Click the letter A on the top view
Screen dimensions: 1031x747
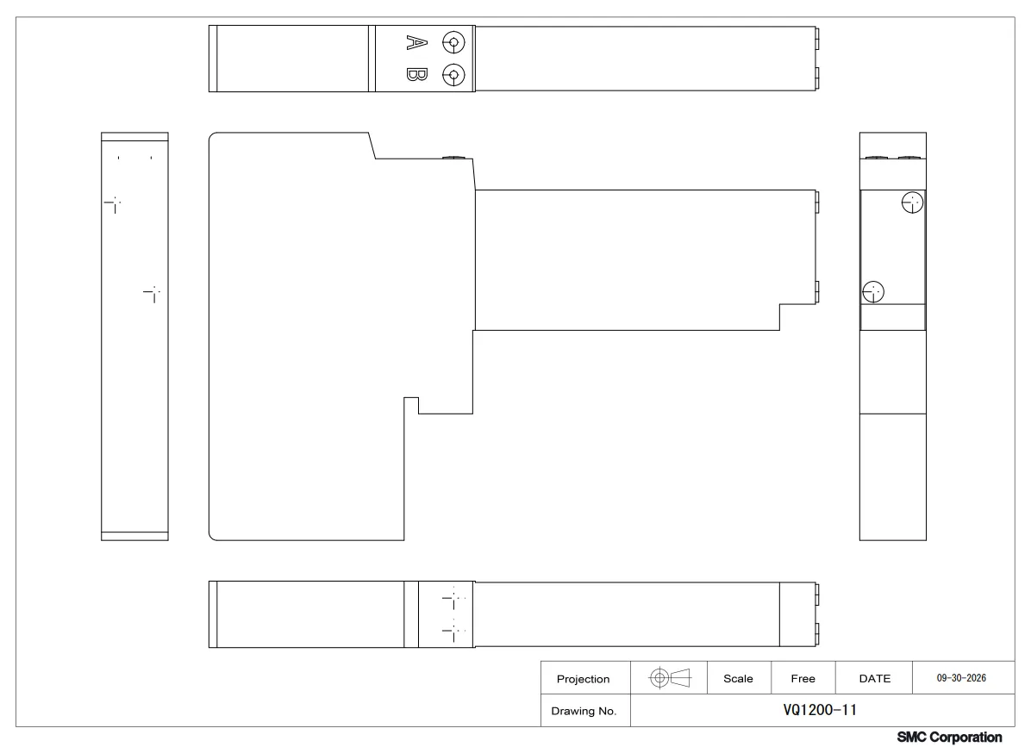click(x=417, y=43)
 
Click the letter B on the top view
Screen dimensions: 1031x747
click(x=417, y=74)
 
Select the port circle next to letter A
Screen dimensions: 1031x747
click(x=453, y=43)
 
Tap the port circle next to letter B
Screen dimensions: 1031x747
click(x=453, y=75)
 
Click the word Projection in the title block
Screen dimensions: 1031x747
click(x=584, y=679)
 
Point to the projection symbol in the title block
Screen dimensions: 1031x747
click(x=669, y=677)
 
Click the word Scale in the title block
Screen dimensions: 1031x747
click(x=739, y=679)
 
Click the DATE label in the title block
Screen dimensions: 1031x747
click(x=874, y=679)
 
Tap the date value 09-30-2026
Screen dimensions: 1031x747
click(x=961, y=678)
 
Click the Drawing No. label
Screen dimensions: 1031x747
click(x=584, y=711)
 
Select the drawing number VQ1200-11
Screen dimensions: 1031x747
click(x=820, y=710)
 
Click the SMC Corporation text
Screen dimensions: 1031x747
click(x=949, y=738)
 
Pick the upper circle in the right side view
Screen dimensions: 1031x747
click(x=912, y=202)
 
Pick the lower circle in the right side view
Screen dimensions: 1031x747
click(x=873, y=292)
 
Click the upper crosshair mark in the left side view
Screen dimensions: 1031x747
click(x=114, y=202)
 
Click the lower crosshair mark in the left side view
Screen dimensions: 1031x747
click(x=153, y=292)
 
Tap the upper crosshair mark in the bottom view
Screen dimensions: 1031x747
click(x=453, y=598)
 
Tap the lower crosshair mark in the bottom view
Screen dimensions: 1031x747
click(x=453, y=630)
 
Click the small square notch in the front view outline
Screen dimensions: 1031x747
click(x=411, y=405)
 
